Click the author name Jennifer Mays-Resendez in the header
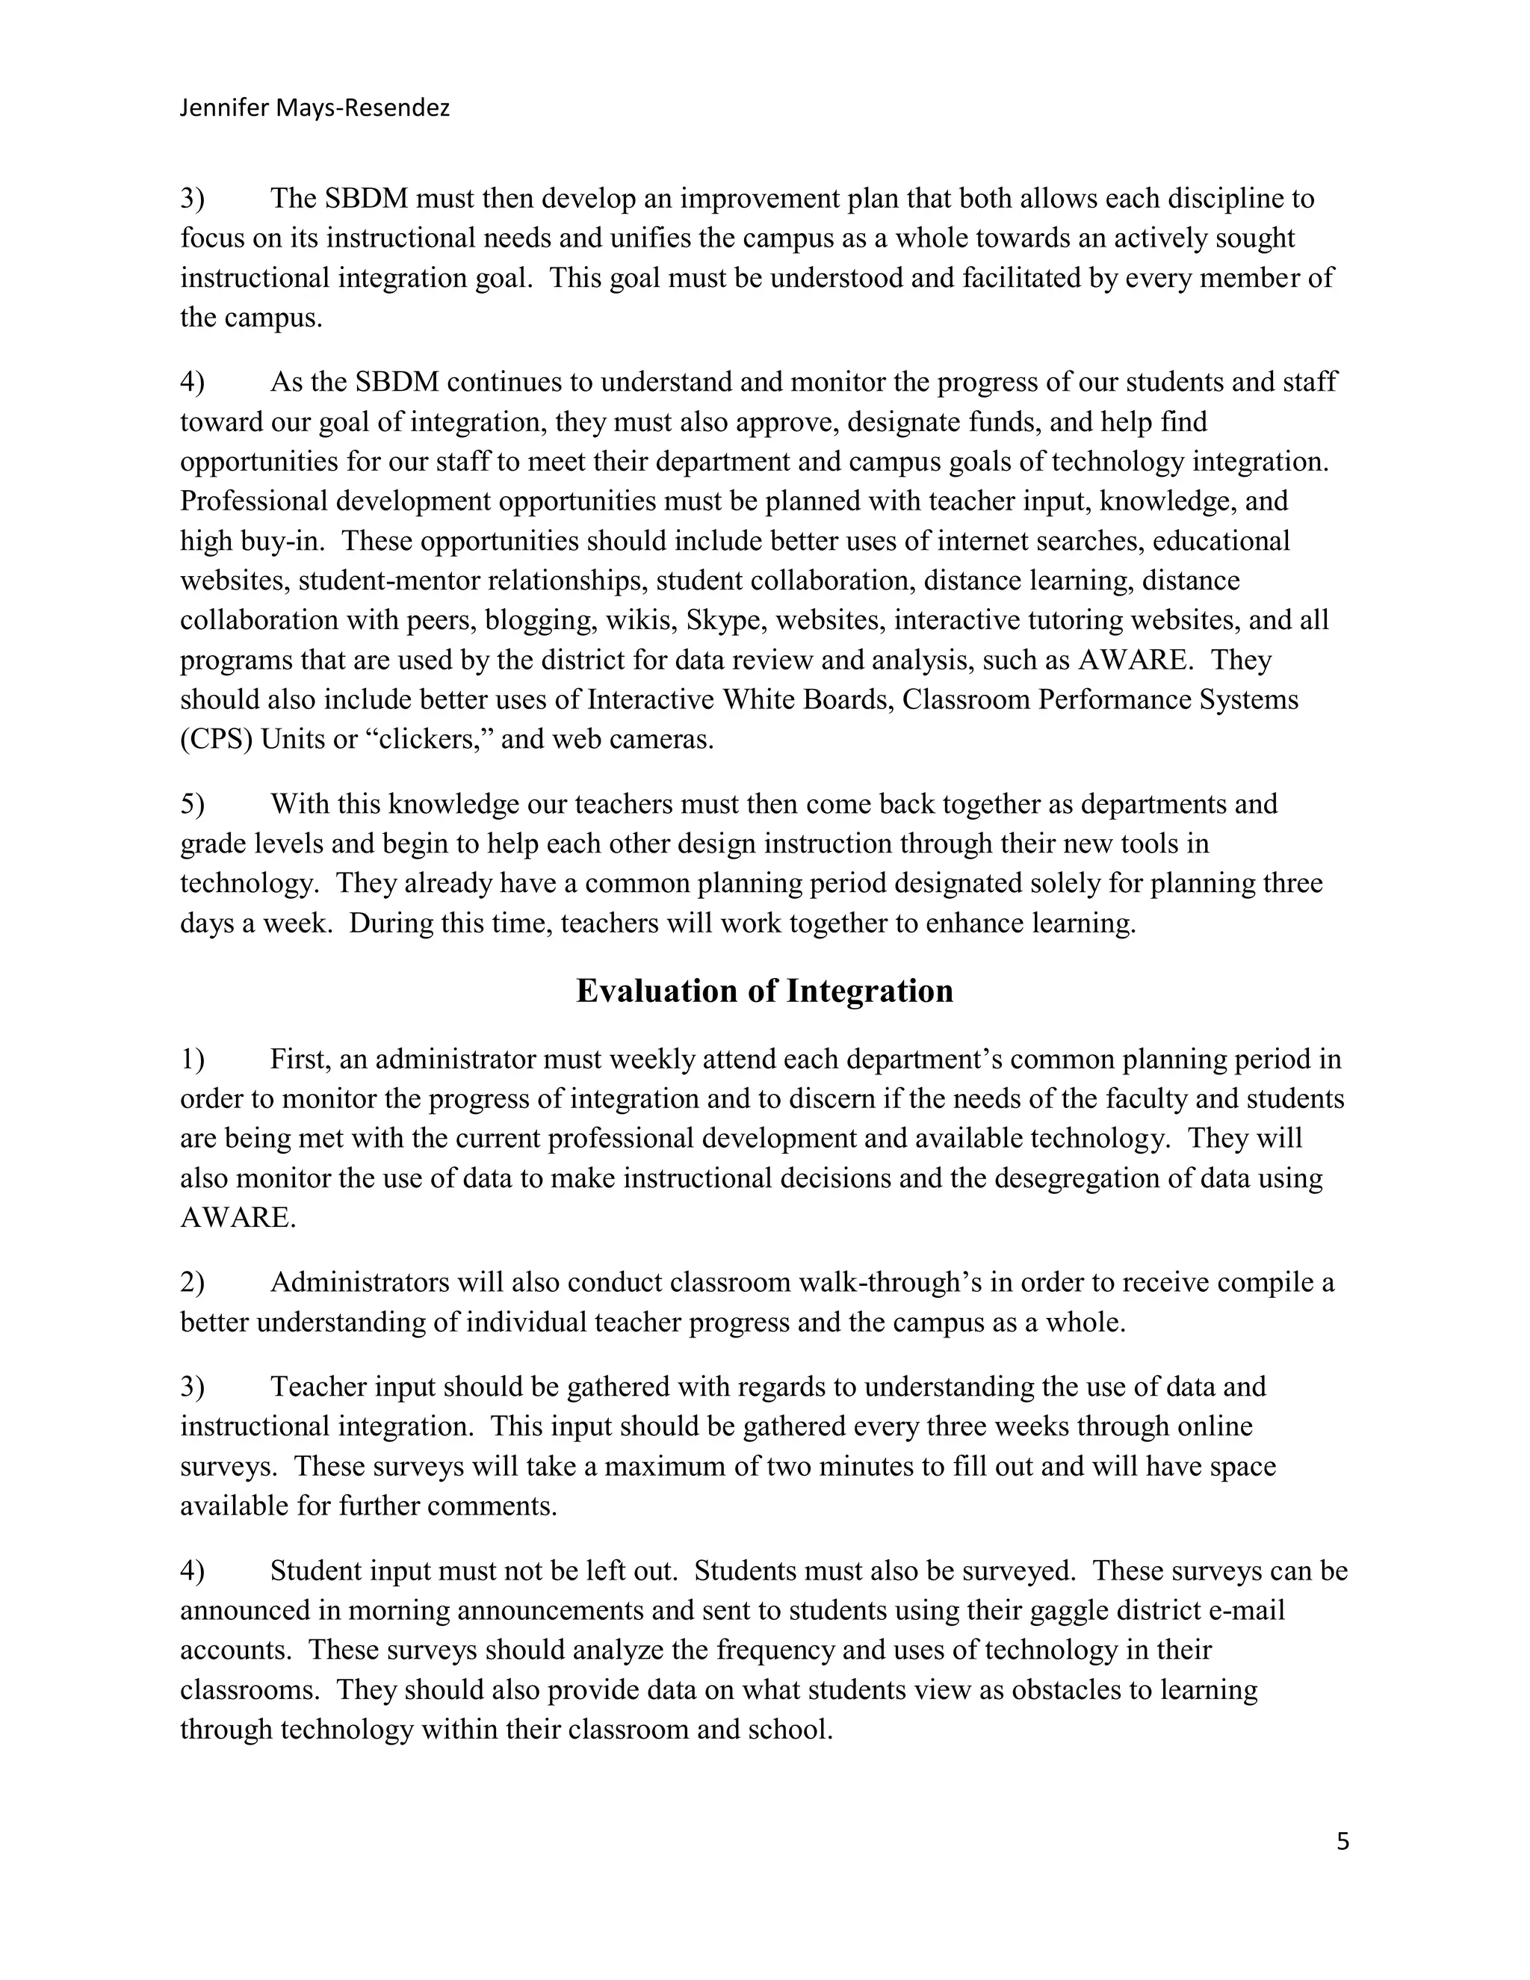[x=315, y=109]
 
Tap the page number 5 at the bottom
[x=1342, y=1841]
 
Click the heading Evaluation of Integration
[x=764, y=991]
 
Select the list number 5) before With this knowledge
[x=192, y=804]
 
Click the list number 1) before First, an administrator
[x=192, y=1059]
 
